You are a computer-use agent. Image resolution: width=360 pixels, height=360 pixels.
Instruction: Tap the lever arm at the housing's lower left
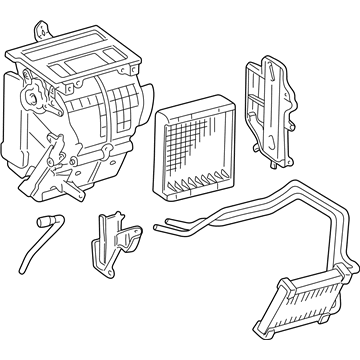[x=45, y=180]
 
